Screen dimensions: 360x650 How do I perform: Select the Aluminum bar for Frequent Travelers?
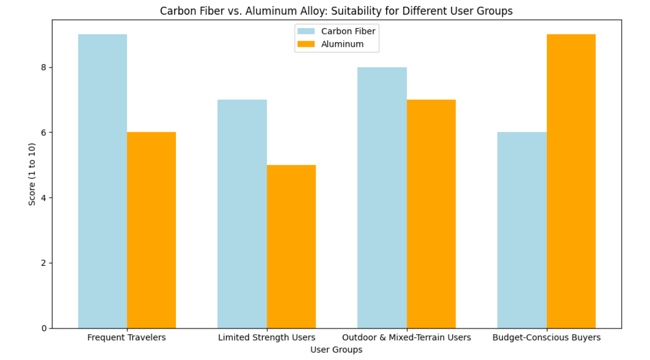pos(151,230)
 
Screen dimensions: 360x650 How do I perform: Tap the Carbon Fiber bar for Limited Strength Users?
pos(242,214)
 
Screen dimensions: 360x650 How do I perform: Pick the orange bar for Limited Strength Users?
pos(291,246)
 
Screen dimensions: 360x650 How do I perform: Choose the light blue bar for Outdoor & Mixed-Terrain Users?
pos(382,198)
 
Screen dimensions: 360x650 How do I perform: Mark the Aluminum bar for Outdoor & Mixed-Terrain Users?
pos(431,214)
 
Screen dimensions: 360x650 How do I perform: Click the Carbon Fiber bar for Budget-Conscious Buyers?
pos(522,230)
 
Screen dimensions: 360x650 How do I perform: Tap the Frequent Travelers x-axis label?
pos(127,338)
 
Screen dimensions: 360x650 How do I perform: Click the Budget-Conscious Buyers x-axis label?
pos(546,338)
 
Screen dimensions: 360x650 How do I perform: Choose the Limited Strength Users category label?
pos(267,338)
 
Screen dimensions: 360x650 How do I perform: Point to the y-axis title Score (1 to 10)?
pos(32,174)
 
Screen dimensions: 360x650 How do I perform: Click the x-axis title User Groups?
pos(336,350)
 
